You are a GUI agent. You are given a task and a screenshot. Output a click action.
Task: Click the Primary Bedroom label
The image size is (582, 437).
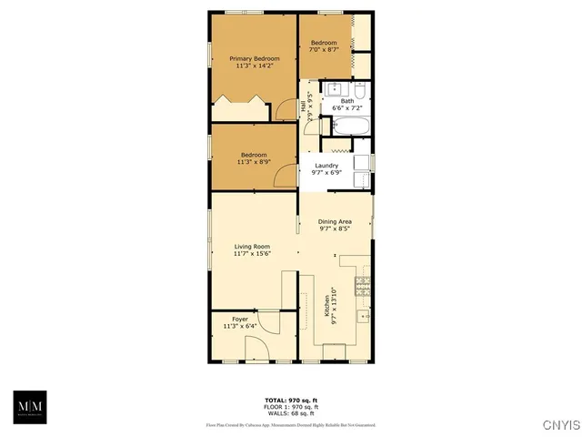(254, 58)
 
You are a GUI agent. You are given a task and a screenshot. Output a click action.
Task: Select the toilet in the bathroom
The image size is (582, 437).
(360, 90)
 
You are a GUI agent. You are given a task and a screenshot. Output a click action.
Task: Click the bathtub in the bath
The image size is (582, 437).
(349, 126)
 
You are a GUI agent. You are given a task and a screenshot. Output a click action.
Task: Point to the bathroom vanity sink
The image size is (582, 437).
(334, 89)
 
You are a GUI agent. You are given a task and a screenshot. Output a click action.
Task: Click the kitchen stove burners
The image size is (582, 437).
(363, 287)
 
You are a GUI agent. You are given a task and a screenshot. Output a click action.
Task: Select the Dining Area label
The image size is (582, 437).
(335, 222)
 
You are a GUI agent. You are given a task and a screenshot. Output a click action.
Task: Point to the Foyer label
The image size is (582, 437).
(240, 320)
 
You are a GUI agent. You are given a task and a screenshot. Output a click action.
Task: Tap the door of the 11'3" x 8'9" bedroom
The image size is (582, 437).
(286, 177)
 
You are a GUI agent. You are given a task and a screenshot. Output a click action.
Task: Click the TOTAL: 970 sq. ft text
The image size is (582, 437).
(290, 401)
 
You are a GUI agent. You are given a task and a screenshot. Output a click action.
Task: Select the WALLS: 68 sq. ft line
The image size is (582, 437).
(290, 414)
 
